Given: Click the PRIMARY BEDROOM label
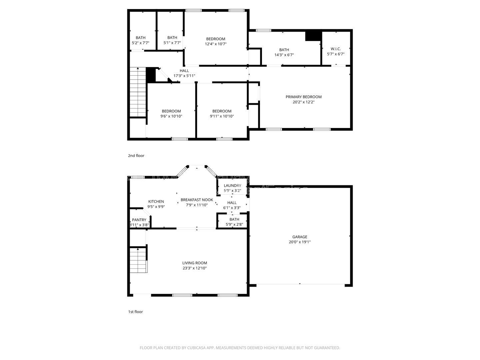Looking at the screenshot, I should click(303, 97).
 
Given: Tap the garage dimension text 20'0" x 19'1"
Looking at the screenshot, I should click(300, 242).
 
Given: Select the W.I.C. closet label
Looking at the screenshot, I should click(335, 49).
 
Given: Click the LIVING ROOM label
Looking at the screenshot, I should click(194, 263).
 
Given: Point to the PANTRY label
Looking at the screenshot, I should click(139, 220).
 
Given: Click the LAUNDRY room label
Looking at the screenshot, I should click(232, 186).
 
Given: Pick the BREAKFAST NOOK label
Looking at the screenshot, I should click(197, 200).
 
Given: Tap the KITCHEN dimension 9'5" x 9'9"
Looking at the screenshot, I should click(156, 207).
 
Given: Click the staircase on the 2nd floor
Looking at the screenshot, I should click(138, 92).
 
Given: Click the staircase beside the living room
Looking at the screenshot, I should click(138, 260).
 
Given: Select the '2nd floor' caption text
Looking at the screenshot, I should click(136, 156).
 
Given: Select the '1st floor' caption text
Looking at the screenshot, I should click(135, 312).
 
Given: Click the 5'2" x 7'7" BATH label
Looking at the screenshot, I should click(140, 38).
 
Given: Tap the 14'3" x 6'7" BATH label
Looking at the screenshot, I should click(284, 50).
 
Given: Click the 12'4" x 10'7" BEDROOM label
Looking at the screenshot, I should click(215, 39).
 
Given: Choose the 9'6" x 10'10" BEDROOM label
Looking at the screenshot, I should click(171, 111).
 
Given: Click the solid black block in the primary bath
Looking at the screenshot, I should click(313, 36).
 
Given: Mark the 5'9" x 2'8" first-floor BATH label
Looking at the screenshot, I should click(234, 219).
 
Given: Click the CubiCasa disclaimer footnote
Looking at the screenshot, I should click(240, 348).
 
